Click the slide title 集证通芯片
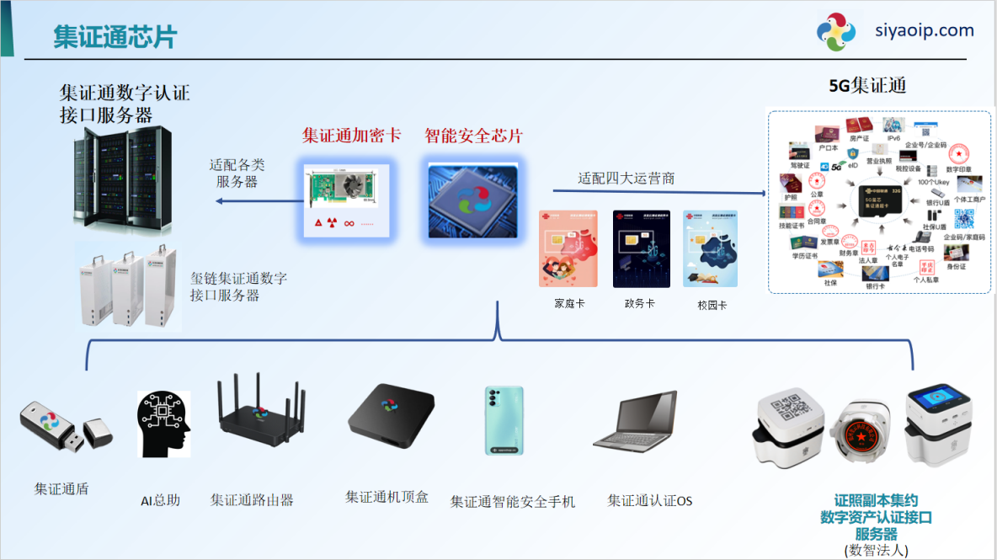(115, 37)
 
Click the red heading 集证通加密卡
(351, 136)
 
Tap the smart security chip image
(473, 199)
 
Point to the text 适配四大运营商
(626, 179)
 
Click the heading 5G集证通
(867, 86)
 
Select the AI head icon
(163, 424)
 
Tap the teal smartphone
(504, 421)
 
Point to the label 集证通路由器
(252, 500)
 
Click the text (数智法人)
(876, 550)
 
